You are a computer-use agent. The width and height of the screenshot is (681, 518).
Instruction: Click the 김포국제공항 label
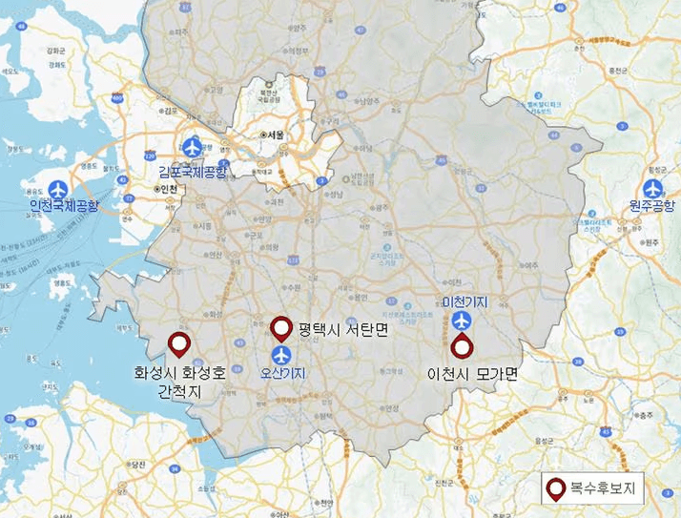click(x=195, y=172)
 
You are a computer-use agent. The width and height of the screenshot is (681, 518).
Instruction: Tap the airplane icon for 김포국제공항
click(x=194, y=148)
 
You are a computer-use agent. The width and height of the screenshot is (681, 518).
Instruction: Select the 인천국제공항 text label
click(x=64, y=205)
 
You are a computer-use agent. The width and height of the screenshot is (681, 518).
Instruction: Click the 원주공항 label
click(x=651, y=206)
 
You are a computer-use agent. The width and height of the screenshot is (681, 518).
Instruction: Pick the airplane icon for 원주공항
click(x=652, y=188)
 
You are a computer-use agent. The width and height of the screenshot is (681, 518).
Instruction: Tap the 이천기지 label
click(x=464, y=302)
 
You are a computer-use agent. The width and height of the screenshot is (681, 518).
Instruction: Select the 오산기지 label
click(x=282, y=374)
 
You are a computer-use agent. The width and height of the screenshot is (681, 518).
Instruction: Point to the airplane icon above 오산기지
click(x=281, y=355)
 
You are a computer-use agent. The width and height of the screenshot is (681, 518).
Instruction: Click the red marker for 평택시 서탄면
click(x=281, y=328)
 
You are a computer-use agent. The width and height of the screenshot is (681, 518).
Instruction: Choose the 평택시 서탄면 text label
click(x=336, y=330)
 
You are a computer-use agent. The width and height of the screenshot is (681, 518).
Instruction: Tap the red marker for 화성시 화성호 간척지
click(x=178, y=343)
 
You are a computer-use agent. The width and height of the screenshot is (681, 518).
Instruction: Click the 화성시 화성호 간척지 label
click(x=180, y=381)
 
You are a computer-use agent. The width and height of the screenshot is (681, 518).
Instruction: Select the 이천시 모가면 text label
click(x=472, y=375)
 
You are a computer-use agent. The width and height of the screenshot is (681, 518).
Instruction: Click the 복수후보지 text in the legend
click(x=603, y=490)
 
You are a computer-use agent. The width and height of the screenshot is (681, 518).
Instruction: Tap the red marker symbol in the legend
click(x=555, y=489)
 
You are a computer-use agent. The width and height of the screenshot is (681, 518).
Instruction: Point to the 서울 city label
click(x=277, y=135)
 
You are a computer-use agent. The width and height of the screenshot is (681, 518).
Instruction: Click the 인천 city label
click(x=167, y=189)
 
